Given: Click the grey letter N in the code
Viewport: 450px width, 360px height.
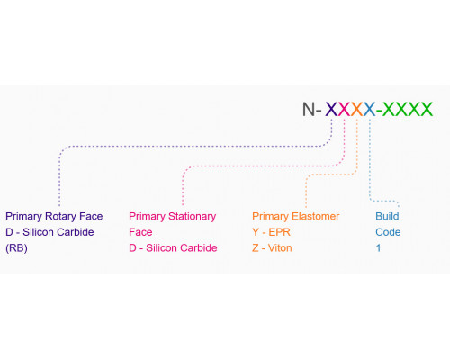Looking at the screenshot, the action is point(308,109).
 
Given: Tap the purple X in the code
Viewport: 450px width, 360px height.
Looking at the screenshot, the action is point(331,109).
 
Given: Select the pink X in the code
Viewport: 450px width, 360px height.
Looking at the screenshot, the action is point(344,109).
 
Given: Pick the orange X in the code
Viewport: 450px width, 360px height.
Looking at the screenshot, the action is point(357,109).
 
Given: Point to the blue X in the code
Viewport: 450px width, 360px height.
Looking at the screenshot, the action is point(370,109).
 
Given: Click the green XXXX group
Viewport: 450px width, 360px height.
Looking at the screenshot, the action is point(408,109).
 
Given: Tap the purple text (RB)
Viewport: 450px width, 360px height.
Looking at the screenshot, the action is point(16,248).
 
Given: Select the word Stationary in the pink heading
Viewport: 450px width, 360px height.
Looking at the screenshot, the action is point(193,217).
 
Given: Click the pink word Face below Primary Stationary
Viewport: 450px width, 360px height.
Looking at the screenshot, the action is point(140,232).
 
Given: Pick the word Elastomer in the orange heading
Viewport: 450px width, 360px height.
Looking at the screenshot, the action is point(315,216).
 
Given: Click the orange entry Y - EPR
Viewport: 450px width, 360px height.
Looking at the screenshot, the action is point(271,232).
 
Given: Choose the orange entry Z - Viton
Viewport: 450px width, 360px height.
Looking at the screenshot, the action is point(272,248).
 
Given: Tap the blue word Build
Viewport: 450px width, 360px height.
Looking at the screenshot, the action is point(387,216).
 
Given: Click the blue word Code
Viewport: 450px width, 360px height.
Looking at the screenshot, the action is point(388,232).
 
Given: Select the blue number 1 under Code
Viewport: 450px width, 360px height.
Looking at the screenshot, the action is point(379,248).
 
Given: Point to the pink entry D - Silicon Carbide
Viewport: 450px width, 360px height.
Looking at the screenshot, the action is point(173,248).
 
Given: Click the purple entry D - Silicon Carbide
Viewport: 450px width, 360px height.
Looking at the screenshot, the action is point(49,232).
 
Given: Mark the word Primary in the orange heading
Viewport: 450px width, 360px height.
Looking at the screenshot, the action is point(271,217).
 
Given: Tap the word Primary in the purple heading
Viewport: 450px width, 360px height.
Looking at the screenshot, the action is point(24,217).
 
